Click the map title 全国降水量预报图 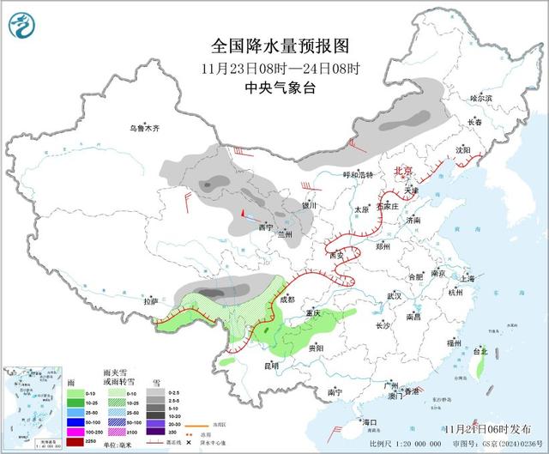click(281, 45)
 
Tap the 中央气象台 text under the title click(281, 87)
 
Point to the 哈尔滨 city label click(482, 99)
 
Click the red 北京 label click(404, 171)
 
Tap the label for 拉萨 click(151, 301)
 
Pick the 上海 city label click(468, 278)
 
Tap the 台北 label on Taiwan click(480, 351)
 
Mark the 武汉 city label click(395, 294)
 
